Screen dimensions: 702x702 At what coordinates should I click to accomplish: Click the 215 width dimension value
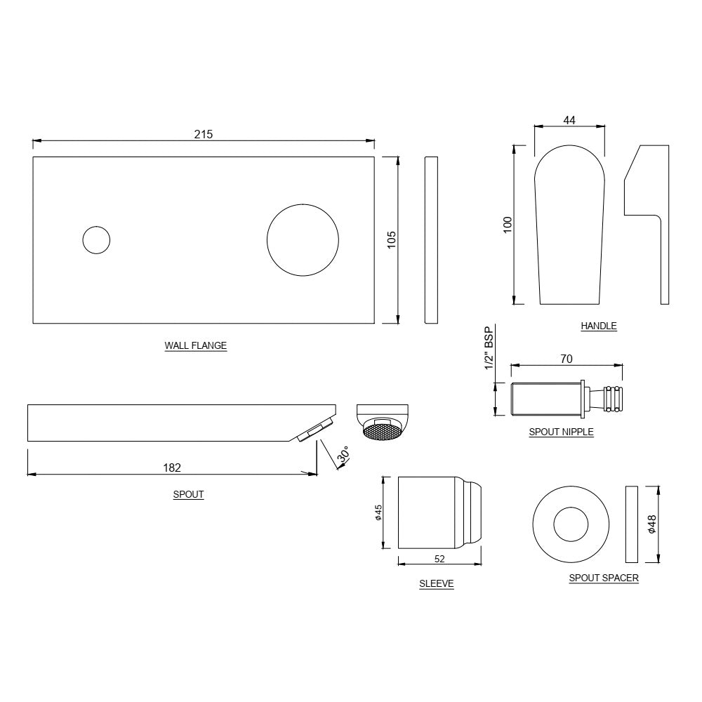tap(204, 134)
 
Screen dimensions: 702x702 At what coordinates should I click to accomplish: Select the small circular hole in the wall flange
tap(96, 240)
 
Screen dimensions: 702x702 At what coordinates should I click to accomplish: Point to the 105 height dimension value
tap(392, 239)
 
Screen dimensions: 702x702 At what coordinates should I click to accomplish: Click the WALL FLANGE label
tap(196, 345)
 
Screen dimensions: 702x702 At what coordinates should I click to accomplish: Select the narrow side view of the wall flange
tap(431, 239)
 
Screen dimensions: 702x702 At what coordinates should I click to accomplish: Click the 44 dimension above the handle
tap(569, 120)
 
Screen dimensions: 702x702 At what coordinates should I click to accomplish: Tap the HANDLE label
tap(598, 326)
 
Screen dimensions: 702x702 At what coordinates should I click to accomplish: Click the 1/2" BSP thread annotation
tap(490, 348)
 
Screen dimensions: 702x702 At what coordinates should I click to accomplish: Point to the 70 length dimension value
tap(567, 359)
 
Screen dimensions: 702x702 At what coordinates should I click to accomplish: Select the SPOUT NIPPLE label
tap(561, 432)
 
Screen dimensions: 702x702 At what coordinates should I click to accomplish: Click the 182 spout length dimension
tap(172, 467)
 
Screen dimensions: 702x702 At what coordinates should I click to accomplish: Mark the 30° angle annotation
tap(343, 456)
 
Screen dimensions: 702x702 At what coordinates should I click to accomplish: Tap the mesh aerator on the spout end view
tap(383, 430)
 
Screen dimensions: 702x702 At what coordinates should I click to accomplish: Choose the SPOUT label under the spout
tap(188, 494)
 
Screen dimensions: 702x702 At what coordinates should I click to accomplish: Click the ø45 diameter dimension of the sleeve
tap(378, 513)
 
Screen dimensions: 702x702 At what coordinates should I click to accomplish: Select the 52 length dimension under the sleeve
tap(440, 559)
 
